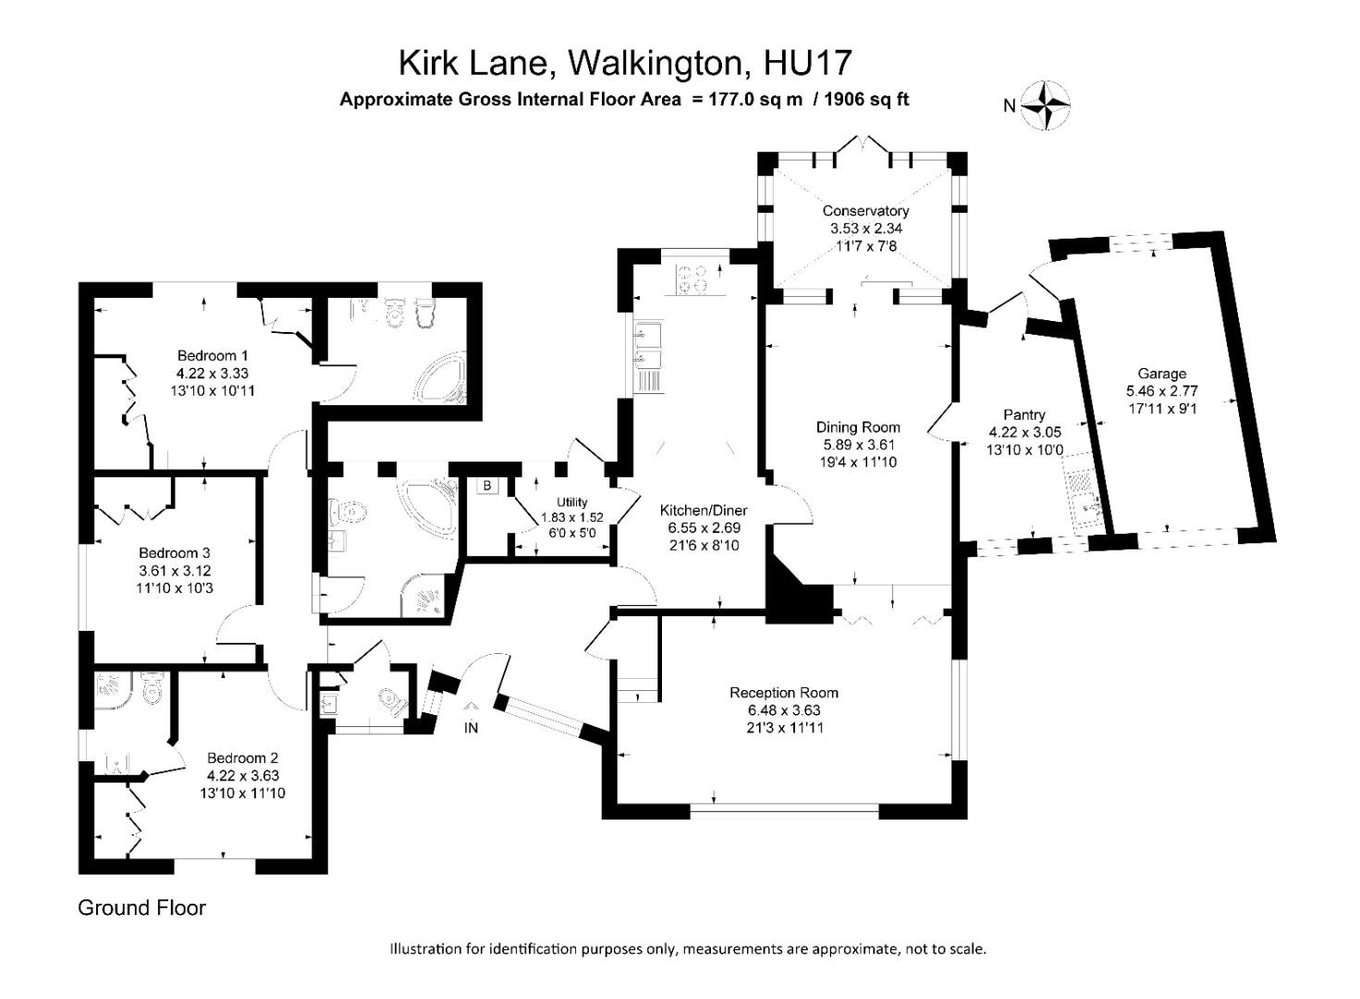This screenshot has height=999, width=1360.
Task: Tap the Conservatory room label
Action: click(x=865, y=211)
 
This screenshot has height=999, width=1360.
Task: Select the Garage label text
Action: click(x=1161, y=374)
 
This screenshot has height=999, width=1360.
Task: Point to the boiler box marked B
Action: click(x=486, y=486)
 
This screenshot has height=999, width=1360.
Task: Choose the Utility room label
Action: click(x=571, y=502)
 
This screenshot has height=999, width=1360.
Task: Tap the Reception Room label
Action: click(x=783, y=692)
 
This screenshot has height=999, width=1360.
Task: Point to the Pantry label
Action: click(x=1023, y=414)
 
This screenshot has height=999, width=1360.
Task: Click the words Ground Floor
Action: click(x=141, y=907)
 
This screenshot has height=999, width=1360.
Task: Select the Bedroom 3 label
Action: click(x=175, y=553)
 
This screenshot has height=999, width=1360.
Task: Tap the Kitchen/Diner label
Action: click(x=703, y=511)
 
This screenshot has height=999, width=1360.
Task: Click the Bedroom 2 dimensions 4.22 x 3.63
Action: click(x=242, y=776)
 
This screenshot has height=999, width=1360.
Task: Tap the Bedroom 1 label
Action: click(x=213, y=355)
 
